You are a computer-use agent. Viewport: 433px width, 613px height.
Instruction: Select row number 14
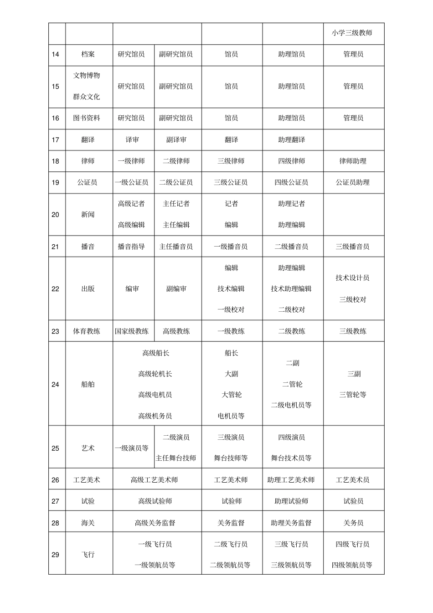(56, 54)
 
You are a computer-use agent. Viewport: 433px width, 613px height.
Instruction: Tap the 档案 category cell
(88, 54)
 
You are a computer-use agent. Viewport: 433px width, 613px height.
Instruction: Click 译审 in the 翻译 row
(132, 140)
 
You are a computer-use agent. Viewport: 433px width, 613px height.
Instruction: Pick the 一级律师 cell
(132, 161)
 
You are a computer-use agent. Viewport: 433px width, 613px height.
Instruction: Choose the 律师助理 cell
(353, 161)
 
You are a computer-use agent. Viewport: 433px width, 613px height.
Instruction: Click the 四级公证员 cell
(291, 182)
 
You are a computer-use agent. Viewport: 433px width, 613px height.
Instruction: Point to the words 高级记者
(132, 204)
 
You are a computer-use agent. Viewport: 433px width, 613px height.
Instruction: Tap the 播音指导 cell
(132, 247)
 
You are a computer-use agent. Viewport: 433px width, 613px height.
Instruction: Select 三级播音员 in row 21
(353, 247)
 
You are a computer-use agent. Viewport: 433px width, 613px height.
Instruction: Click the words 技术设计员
(353, 278)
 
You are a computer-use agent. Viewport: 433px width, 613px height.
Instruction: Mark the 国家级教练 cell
(132, 331)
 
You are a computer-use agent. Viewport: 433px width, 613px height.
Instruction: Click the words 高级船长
(155, 353)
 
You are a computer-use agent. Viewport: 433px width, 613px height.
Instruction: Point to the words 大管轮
(232, 395)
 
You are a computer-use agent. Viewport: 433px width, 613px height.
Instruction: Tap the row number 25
(56, 448)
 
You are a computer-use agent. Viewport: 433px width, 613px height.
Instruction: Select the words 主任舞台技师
(176, 458)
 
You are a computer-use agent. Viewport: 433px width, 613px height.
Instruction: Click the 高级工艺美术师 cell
(155, 480)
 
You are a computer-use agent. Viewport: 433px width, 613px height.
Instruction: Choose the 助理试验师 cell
(291, 501)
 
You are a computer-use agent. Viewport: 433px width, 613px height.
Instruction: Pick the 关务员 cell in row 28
(353, 523)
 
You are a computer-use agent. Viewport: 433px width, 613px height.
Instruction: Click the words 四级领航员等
(352, 565)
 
